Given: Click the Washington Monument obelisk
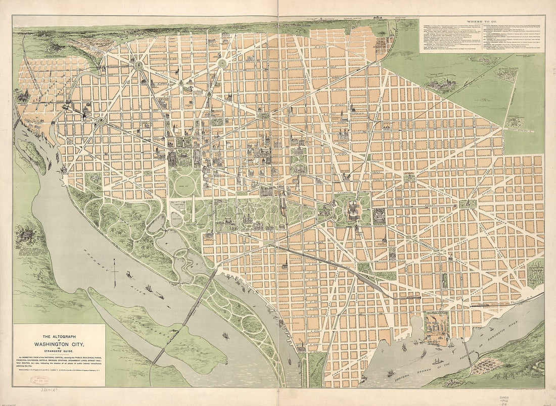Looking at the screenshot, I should pyautogui.click(x=192, y=209).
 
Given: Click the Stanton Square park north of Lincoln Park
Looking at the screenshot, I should pyautogui.click(x=409, y=177).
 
